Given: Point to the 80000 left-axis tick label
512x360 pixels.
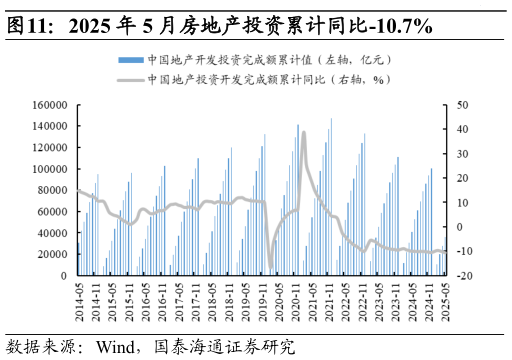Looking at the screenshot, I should click(51, 190).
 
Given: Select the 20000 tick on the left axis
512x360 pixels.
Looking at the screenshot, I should click(51, 254).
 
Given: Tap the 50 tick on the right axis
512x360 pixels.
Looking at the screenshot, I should click(461, 105).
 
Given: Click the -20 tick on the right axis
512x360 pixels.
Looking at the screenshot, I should click(462, 275).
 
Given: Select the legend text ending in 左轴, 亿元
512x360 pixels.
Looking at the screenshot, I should click(270, 59).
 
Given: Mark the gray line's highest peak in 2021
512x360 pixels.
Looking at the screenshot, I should click(304, 133).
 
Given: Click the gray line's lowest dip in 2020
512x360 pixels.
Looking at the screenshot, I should click(270, 268).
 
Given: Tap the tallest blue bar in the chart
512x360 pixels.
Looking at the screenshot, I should click(331, 119).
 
